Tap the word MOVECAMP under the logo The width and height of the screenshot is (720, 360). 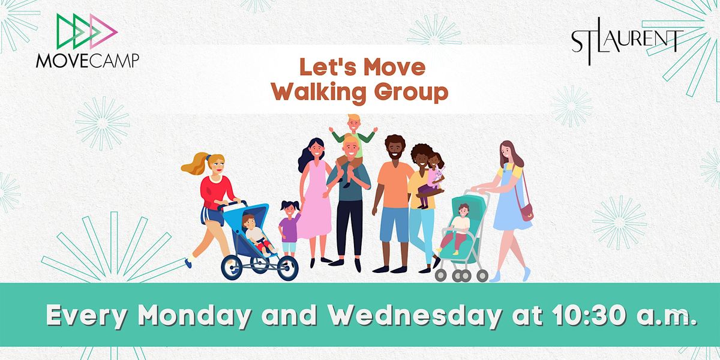pos(87,61)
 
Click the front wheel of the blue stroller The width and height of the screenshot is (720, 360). pos(286,268)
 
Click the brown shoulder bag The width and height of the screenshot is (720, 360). pos(526,212)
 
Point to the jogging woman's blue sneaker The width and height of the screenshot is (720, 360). pos(190,262)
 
